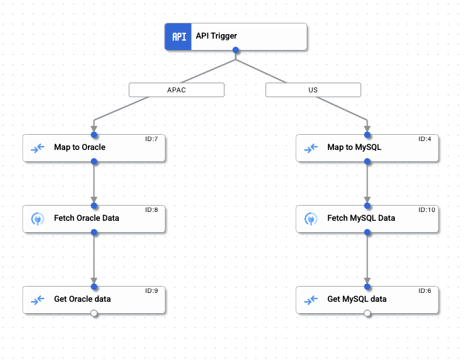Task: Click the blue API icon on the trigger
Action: tap(179, 37)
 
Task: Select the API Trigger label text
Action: tap(216, 36)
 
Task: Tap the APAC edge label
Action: tap(177, 90)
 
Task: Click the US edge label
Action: tap(313, 90)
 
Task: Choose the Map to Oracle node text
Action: tap(80, 147)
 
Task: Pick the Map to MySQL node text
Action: tap(354, 147)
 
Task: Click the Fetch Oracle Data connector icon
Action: tap(37, 218)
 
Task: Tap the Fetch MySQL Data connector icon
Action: tap(311, 218)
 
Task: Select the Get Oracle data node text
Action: tap(82, 299)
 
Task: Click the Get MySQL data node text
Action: tap(357, 299)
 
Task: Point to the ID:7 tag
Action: tap(151, 139)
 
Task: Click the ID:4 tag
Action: tap(425, 139)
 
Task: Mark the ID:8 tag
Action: tap(151, 210)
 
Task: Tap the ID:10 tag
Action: tap(427, 210)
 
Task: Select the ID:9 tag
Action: tap(151, 291)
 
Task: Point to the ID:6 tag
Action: tap(425, 291)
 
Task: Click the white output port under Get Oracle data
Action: tap(94, 313)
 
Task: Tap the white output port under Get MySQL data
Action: tap(368, 313)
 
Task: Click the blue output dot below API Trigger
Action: tap(236, 50)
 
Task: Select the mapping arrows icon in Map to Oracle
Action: tap(37, 148)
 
